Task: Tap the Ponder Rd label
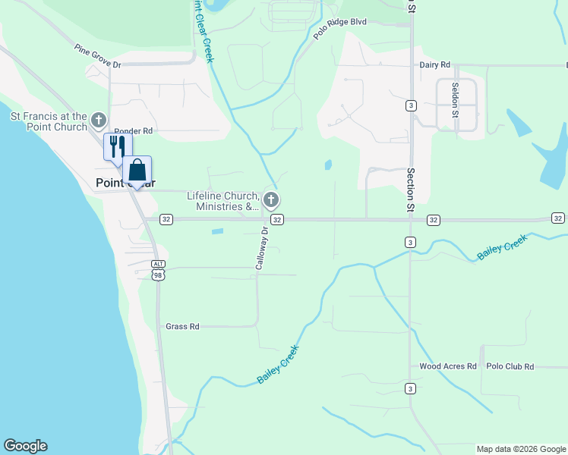pos(134,131)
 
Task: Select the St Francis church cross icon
pos(98,120)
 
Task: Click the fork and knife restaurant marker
pos(118,146)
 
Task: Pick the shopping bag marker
pos(137,169)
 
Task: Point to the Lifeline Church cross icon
pos(271,200)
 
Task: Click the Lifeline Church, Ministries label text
pos(223,201)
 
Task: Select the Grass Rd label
pos(182,327)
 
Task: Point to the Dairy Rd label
pos(435,65)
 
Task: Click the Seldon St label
pos(456,99)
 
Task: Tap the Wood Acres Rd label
pos(448,366)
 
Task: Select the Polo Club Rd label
pos(510,366)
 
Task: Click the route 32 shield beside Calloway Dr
pos(277,219)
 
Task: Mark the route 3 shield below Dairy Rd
pos(410,105)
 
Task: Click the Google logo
pos(25,446)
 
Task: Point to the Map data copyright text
pos(521,449)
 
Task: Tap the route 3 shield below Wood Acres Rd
pos(410,389)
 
